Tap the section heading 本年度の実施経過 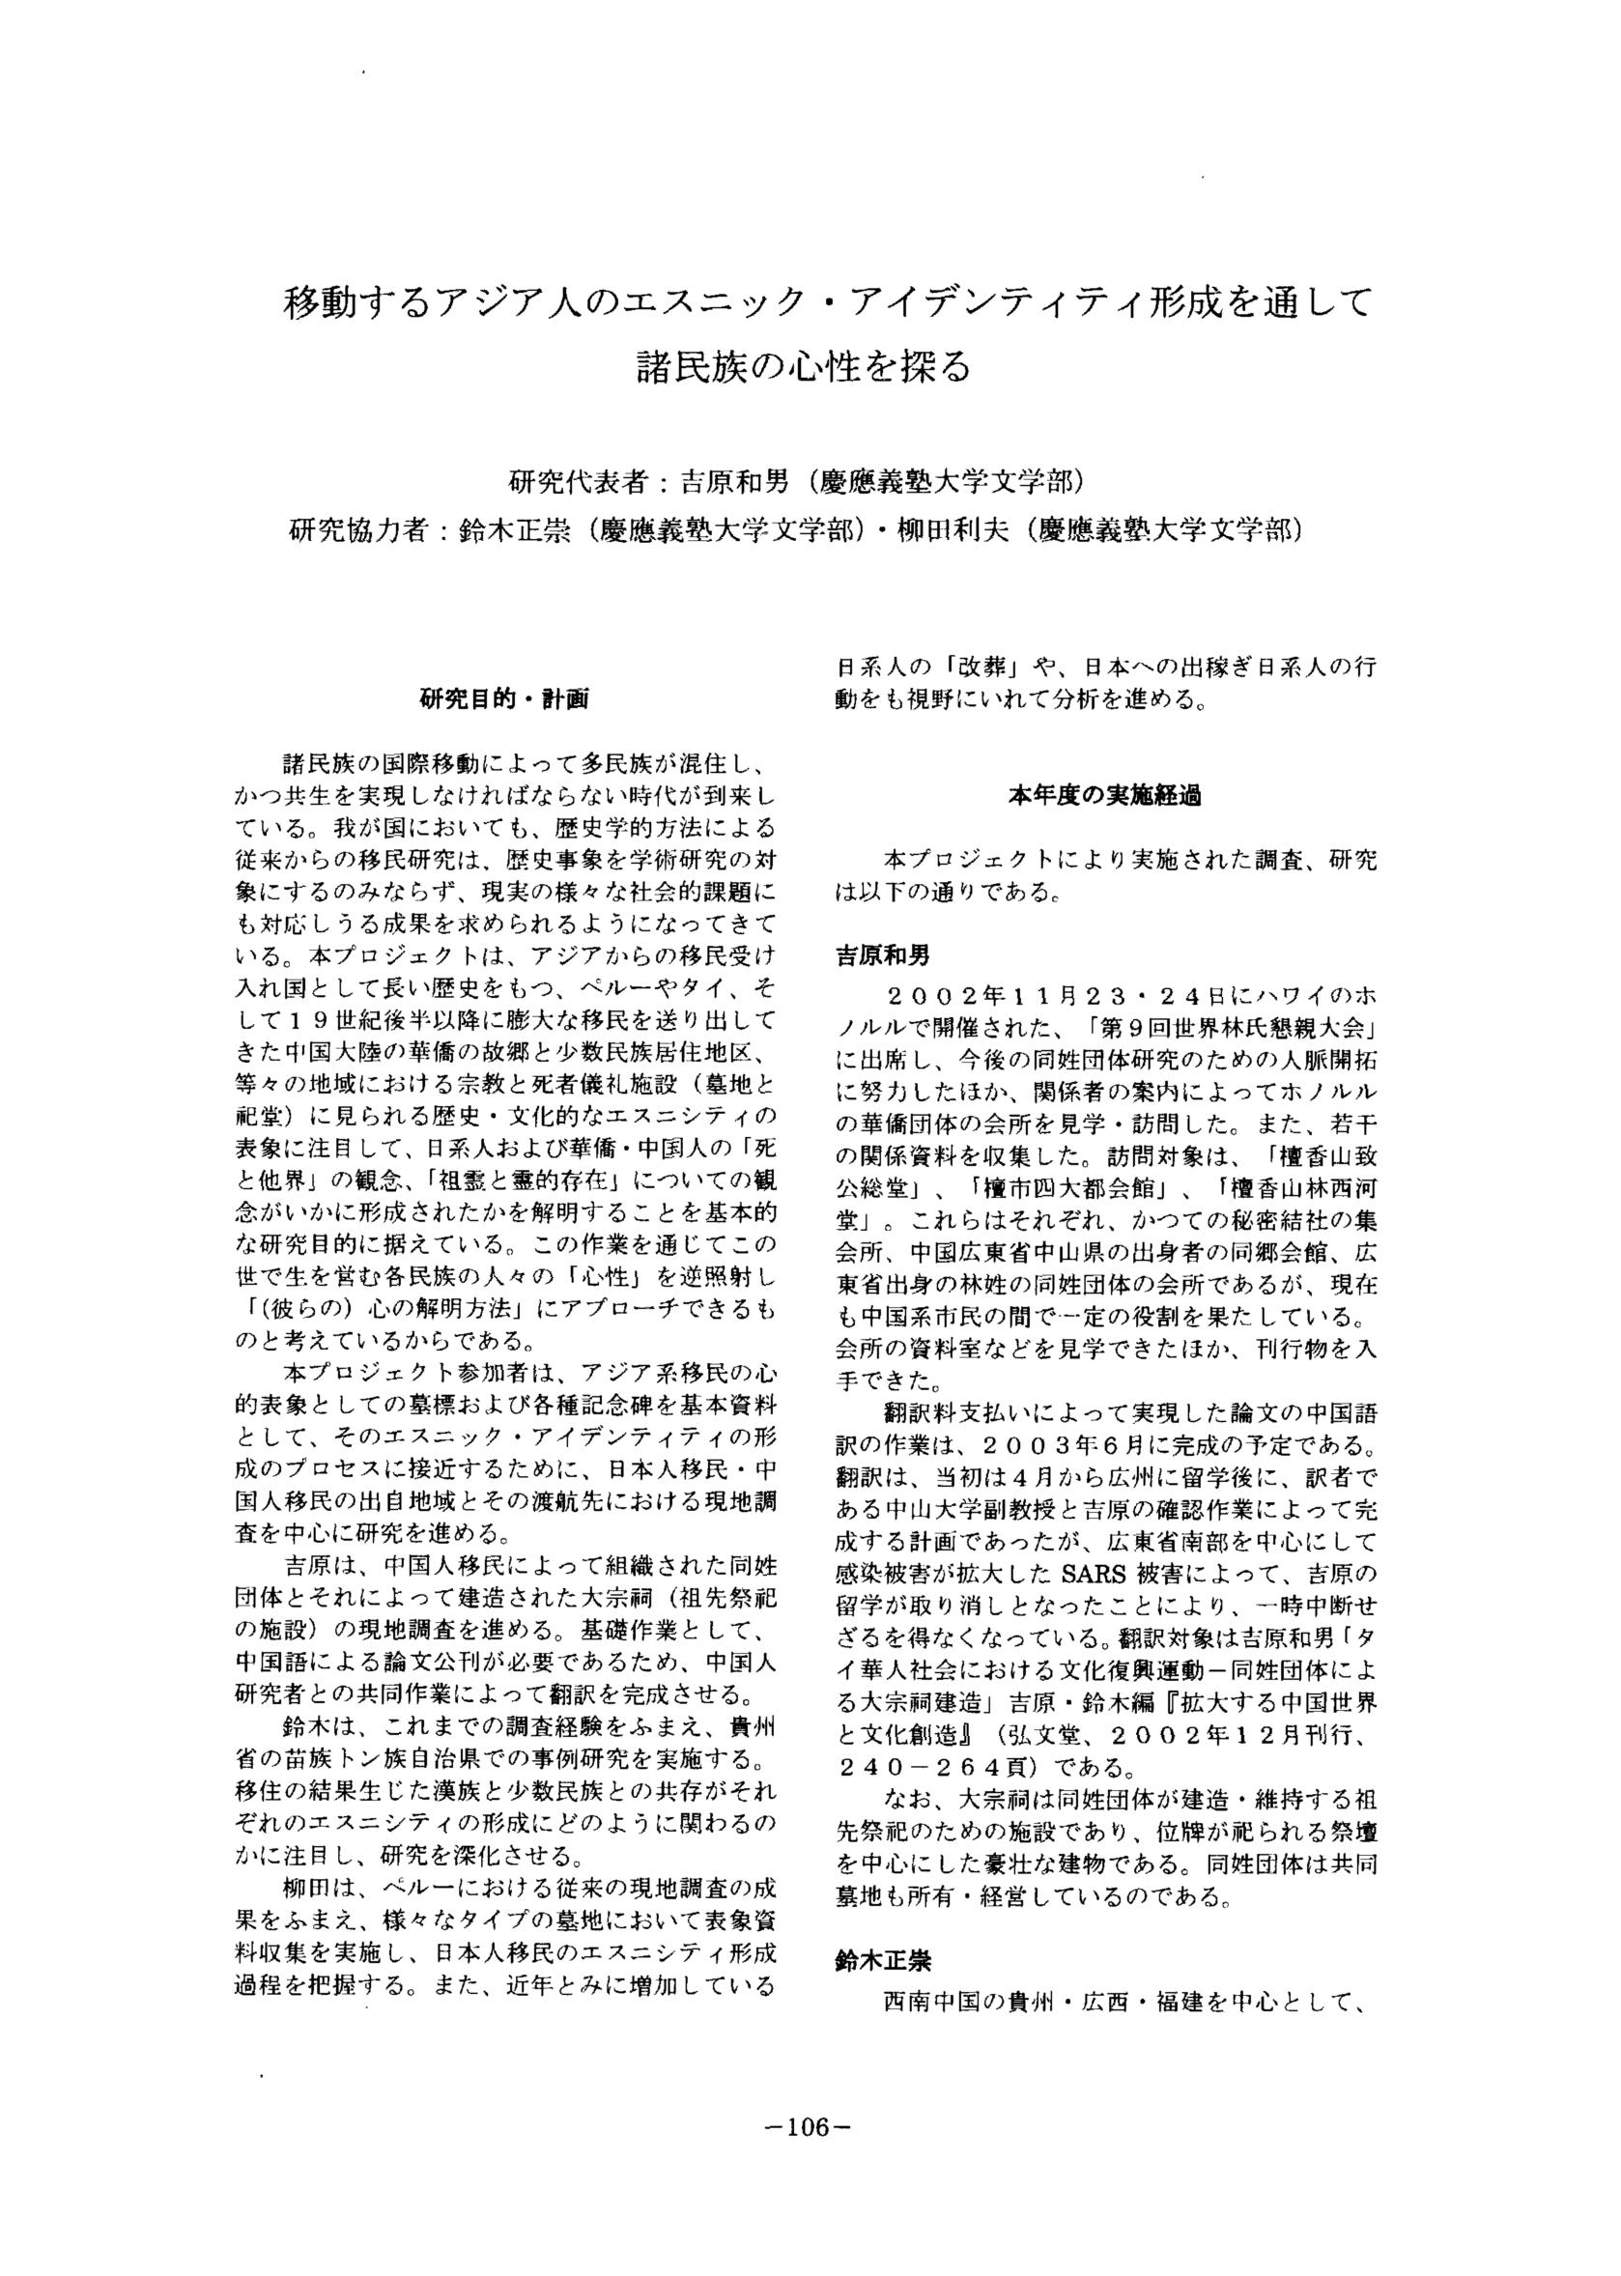pyautogui.click(x=1105, y=797)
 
